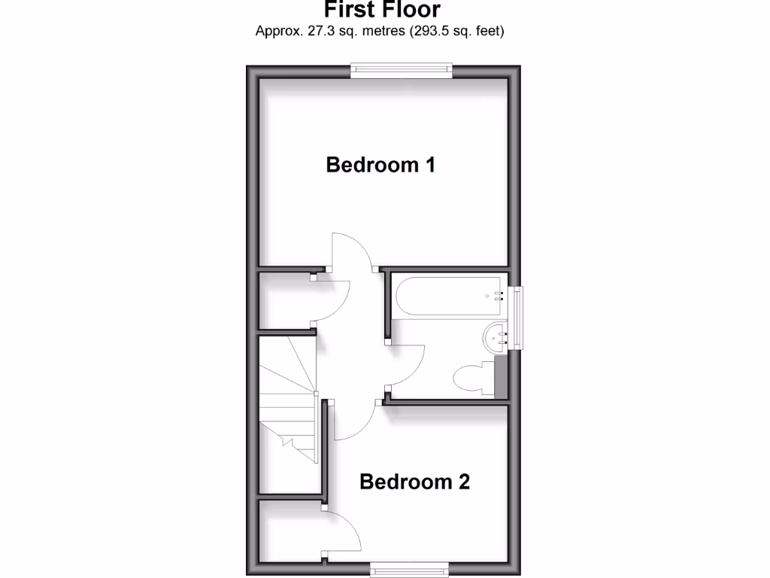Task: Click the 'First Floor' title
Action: [x=382, y=10]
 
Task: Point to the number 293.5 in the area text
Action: [x=431, y=32]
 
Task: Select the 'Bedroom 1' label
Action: [x=380, y=165]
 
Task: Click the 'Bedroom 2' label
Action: [x=414, y=482]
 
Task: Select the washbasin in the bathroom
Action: [x=496, y=338]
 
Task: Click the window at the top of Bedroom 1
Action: [x=402, y=71]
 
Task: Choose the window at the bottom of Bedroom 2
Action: [x=411, y=569]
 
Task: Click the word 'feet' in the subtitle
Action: [x=486, y=32]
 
